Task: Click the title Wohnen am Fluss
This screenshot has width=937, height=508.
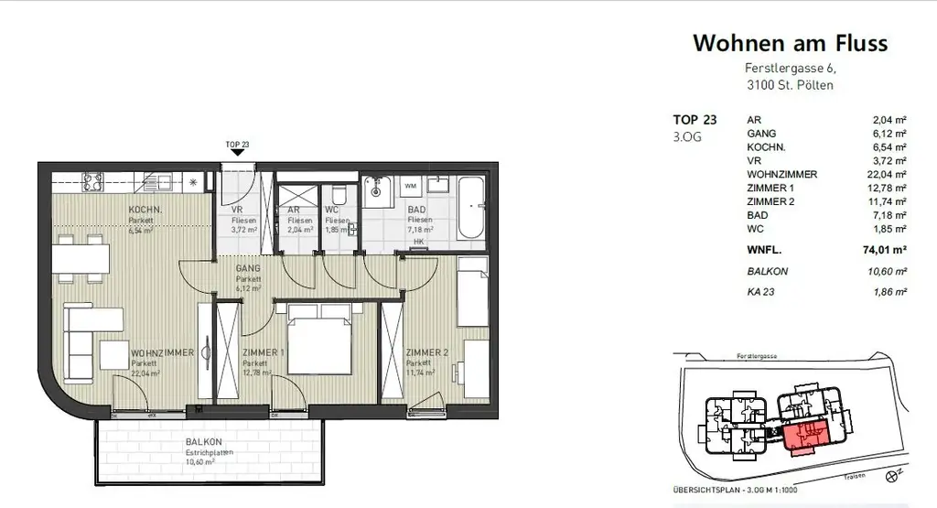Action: (x=790, y=42)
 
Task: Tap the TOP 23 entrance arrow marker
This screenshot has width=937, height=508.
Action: (x=237, y=153)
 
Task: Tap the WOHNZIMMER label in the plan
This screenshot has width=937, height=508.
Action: (x=161, y=352)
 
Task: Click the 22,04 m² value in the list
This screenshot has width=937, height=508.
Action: (x=889, y=174)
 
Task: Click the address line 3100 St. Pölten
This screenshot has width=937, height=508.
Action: (x=789, y=85)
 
